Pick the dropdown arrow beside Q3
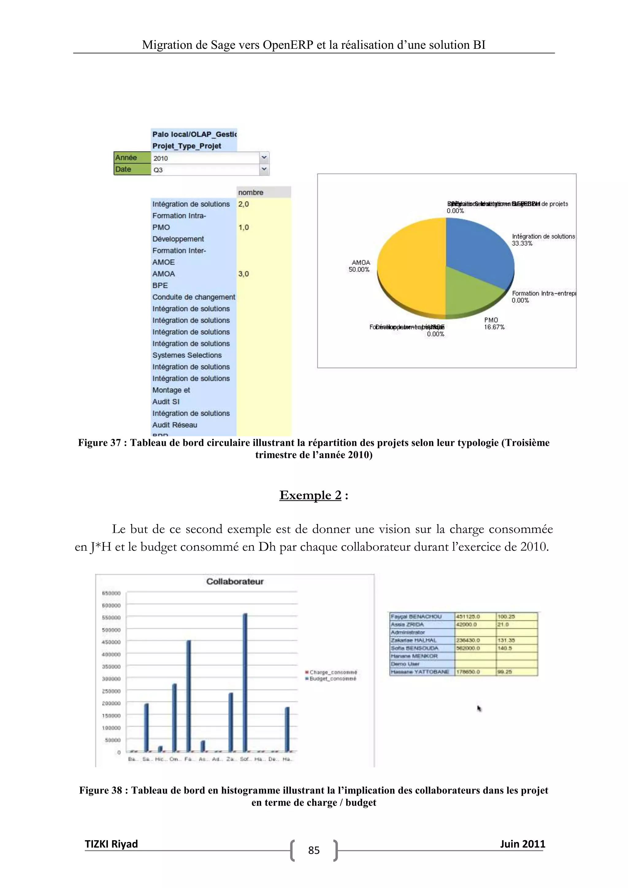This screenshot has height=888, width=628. tap(264, 169)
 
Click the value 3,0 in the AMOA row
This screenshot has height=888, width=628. tap(243, 274)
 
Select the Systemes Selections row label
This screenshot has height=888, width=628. tap(187, 355)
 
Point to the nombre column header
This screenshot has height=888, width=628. tap(251, 192)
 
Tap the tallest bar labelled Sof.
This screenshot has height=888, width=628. tap(245, 683)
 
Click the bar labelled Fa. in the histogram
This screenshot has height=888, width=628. tap(189, 696)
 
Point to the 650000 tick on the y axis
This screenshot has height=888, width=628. tap(111, 593)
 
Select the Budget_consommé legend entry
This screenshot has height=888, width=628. tap(332, 678)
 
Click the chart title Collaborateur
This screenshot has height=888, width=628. tap(235, 581)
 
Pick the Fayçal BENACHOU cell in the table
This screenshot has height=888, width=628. tap(416, 617)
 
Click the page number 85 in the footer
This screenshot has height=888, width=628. tap(314, 850)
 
